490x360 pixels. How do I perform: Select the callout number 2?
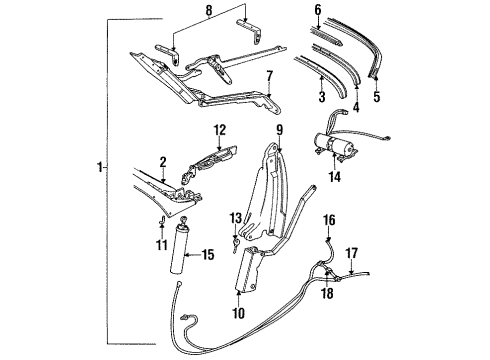click(163, 161)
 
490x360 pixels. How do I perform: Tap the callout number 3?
click(322, 97)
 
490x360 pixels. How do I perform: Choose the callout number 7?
click(268, 75)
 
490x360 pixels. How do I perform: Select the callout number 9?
click(281, 130)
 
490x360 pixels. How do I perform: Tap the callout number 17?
click(351, 254)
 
